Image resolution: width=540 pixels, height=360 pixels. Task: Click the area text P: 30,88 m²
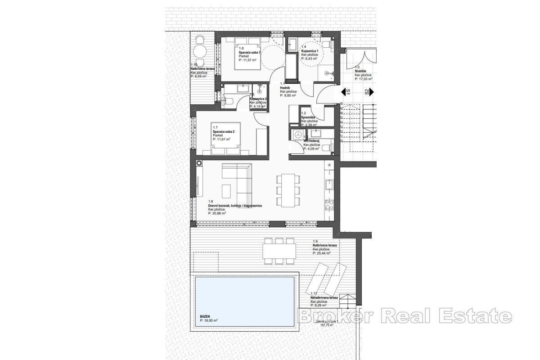(x=217, y=213)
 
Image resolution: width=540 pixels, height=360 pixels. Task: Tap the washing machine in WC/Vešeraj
(x=297, y=134)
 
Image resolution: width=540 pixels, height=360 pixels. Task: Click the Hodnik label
(x=285, y=88)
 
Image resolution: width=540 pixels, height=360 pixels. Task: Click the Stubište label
(x=360, y=71)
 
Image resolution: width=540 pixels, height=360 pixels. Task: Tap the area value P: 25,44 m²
(x=322, y=253)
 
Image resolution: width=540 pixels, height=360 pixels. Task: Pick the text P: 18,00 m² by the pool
(x=209, y=320)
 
